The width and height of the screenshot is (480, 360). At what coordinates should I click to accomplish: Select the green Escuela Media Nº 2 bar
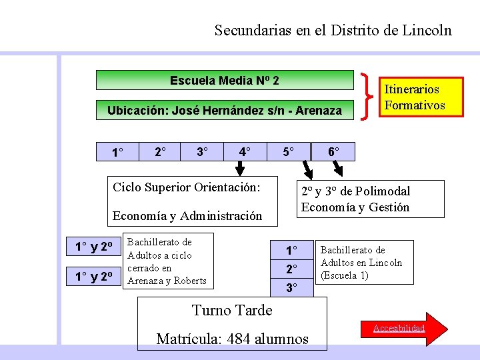coord(224,80)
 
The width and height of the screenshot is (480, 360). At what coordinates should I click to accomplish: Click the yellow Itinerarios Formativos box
coord(415,97)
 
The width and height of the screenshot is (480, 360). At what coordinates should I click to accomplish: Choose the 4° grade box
coord(246,152)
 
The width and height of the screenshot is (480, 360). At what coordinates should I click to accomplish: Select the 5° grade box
coord(288,152)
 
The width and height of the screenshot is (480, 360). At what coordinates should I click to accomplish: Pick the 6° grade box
coord(334,152)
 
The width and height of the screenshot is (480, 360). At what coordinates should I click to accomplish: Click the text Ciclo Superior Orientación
coord(186,187)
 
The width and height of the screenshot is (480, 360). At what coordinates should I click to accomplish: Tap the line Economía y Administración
coord(187,215)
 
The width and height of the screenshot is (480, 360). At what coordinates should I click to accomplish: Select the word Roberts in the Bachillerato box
coord(190,281)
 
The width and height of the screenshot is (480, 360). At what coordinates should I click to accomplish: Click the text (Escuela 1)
coord(345,275)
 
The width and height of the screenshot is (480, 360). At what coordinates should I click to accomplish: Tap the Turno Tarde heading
coord(232,310)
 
